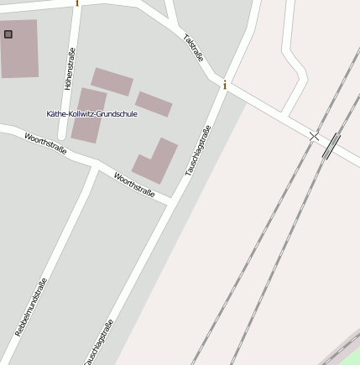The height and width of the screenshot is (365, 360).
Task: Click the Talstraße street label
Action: point(194,47)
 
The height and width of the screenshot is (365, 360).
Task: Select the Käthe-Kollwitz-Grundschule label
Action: point(91,113)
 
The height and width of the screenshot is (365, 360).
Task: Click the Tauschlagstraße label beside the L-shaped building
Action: point(199,149)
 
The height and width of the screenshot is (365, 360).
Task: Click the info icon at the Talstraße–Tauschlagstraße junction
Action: point(225,85)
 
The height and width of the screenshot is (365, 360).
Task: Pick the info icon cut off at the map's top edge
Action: point(77,3)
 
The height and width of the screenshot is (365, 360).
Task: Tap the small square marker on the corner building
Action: point(8,34)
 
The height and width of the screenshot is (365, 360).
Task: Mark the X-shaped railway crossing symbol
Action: point(314,136)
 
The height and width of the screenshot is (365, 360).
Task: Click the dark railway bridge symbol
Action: point(331,145)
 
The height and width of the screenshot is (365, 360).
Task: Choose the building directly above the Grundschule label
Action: point(112,81)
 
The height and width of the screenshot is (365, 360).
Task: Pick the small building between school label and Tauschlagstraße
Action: point(154,104)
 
